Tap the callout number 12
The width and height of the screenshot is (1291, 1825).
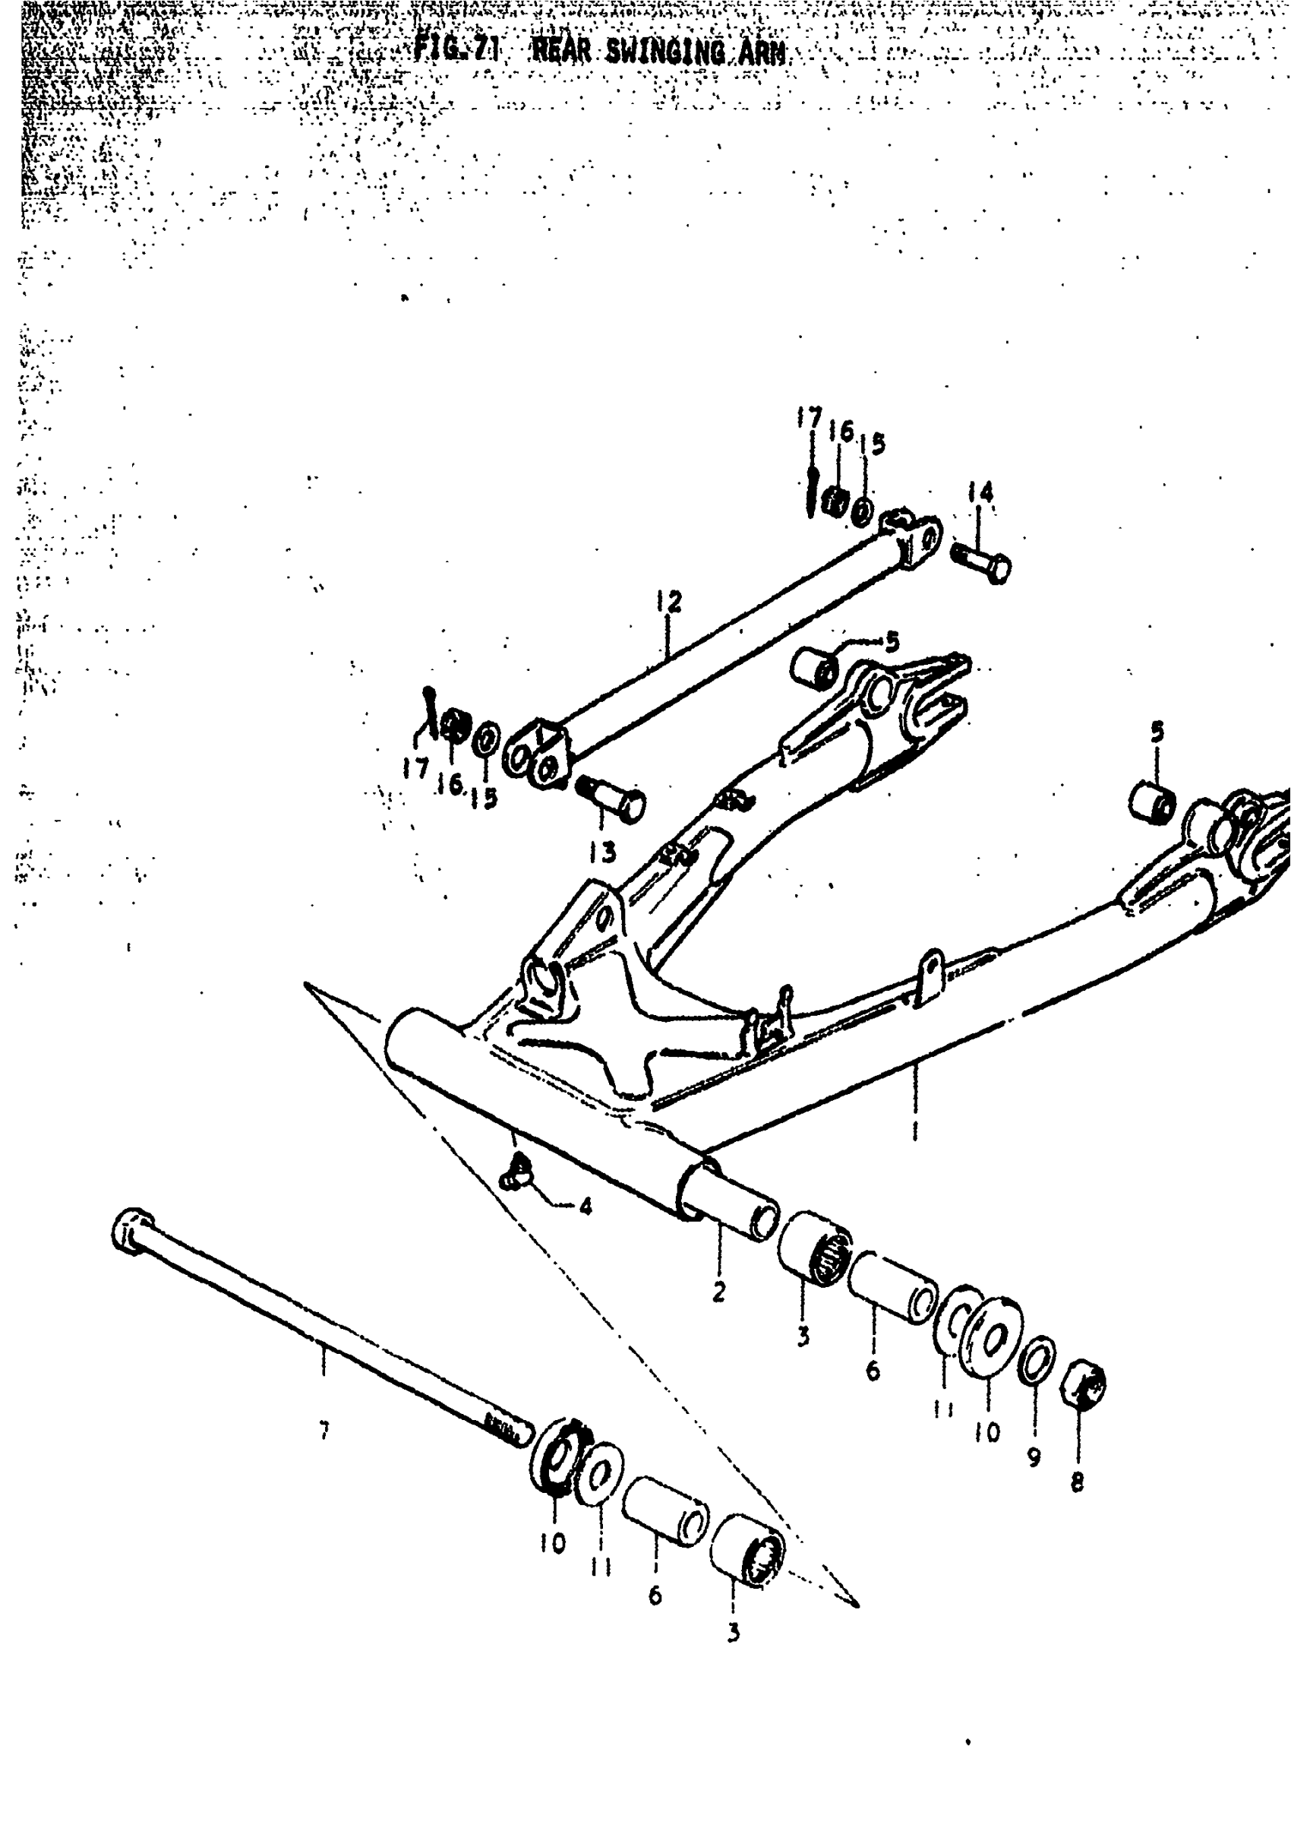[669, 602]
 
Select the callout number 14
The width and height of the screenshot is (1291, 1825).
[980, 493]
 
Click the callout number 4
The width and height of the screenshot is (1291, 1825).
[585, 1208]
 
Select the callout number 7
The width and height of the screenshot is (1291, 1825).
[324, 1432]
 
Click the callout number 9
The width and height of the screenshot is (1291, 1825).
[1033, 1457]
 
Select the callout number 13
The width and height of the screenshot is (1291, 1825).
[602, 853]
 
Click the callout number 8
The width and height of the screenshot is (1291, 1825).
[1076, 1482]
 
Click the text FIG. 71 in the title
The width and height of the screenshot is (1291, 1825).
[456, 51]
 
